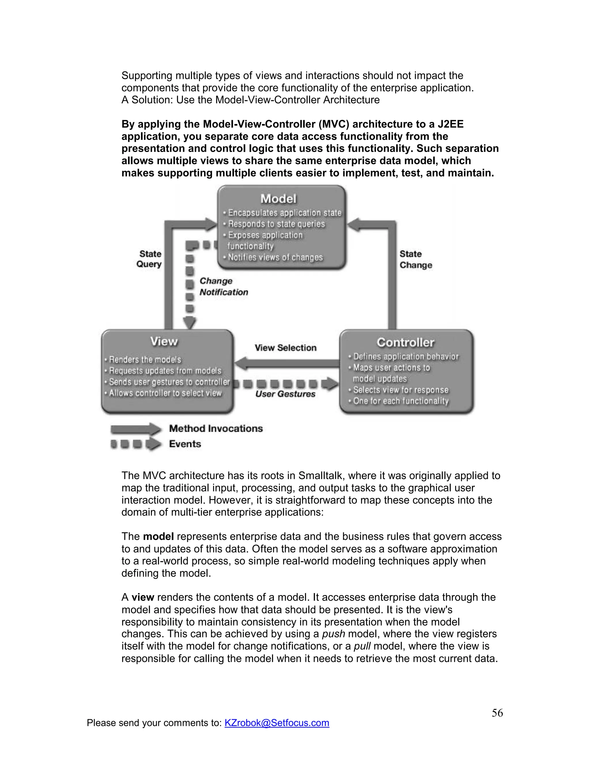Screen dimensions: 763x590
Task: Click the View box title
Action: [x=164, y=341]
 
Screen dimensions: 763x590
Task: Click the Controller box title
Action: [x=405, y=342]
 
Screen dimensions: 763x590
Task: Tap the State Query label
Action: [x=150, y=259]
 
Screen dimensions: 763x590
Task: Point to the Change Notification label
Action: [x=223, y=286]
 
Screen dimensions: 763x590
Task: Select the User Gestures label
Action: [x=285, y=394]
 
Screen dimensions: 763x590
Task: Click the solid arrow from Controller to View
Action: [x=287, y=363]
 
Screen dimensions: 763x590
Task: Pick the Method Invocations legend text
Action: [x=216, y=429]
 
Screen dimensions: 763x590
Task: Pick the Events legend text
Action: [x=185, y=444]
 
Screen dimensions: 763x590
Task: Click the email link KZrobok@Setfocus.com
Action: [x=277, y=722]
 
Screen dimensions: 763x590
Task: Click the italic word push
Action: [x=333, y=634]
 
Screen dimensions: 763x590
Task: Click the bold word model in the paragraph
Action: [x=158, y=536]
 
